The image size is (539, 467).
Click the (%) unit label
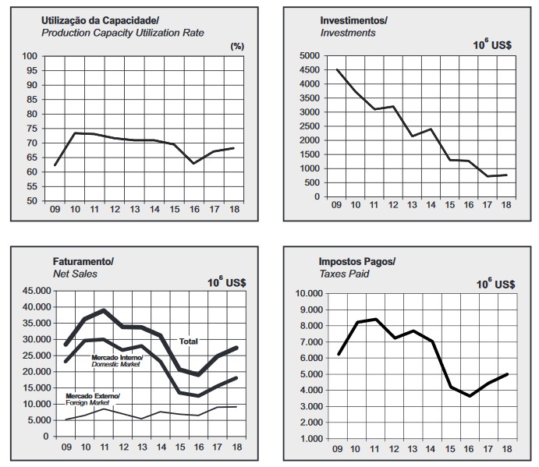[238, 47]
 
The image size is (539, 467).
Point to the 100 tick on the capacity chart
[30, 56]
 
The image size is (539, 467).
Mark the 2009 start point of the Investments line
[337, 70]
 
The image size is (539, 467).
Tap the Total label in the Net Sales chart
[189, 341]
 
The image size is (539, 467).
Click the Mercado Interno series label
[120, 357]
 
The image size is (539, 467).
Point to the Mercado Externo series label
[93, 396]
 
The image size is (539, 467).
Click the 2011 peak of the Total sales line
[104, 310]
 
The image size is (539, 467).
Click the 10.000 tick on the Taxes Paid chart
[307, 294]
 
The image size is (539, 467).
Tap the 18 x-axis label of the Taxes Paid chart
[507, 451]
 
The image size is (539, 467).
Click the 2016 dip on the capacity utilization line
[193, 163]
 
